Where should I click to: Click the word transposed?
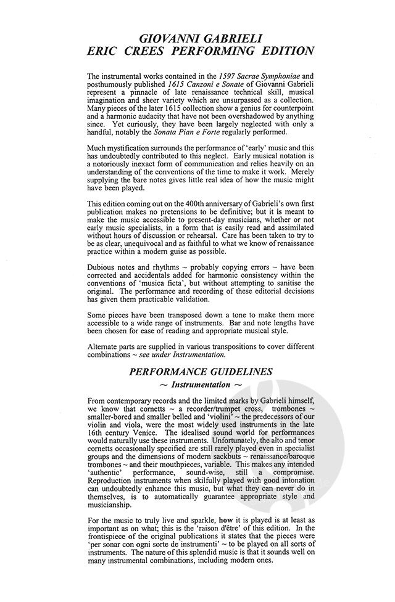click(x=190, y=323)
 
